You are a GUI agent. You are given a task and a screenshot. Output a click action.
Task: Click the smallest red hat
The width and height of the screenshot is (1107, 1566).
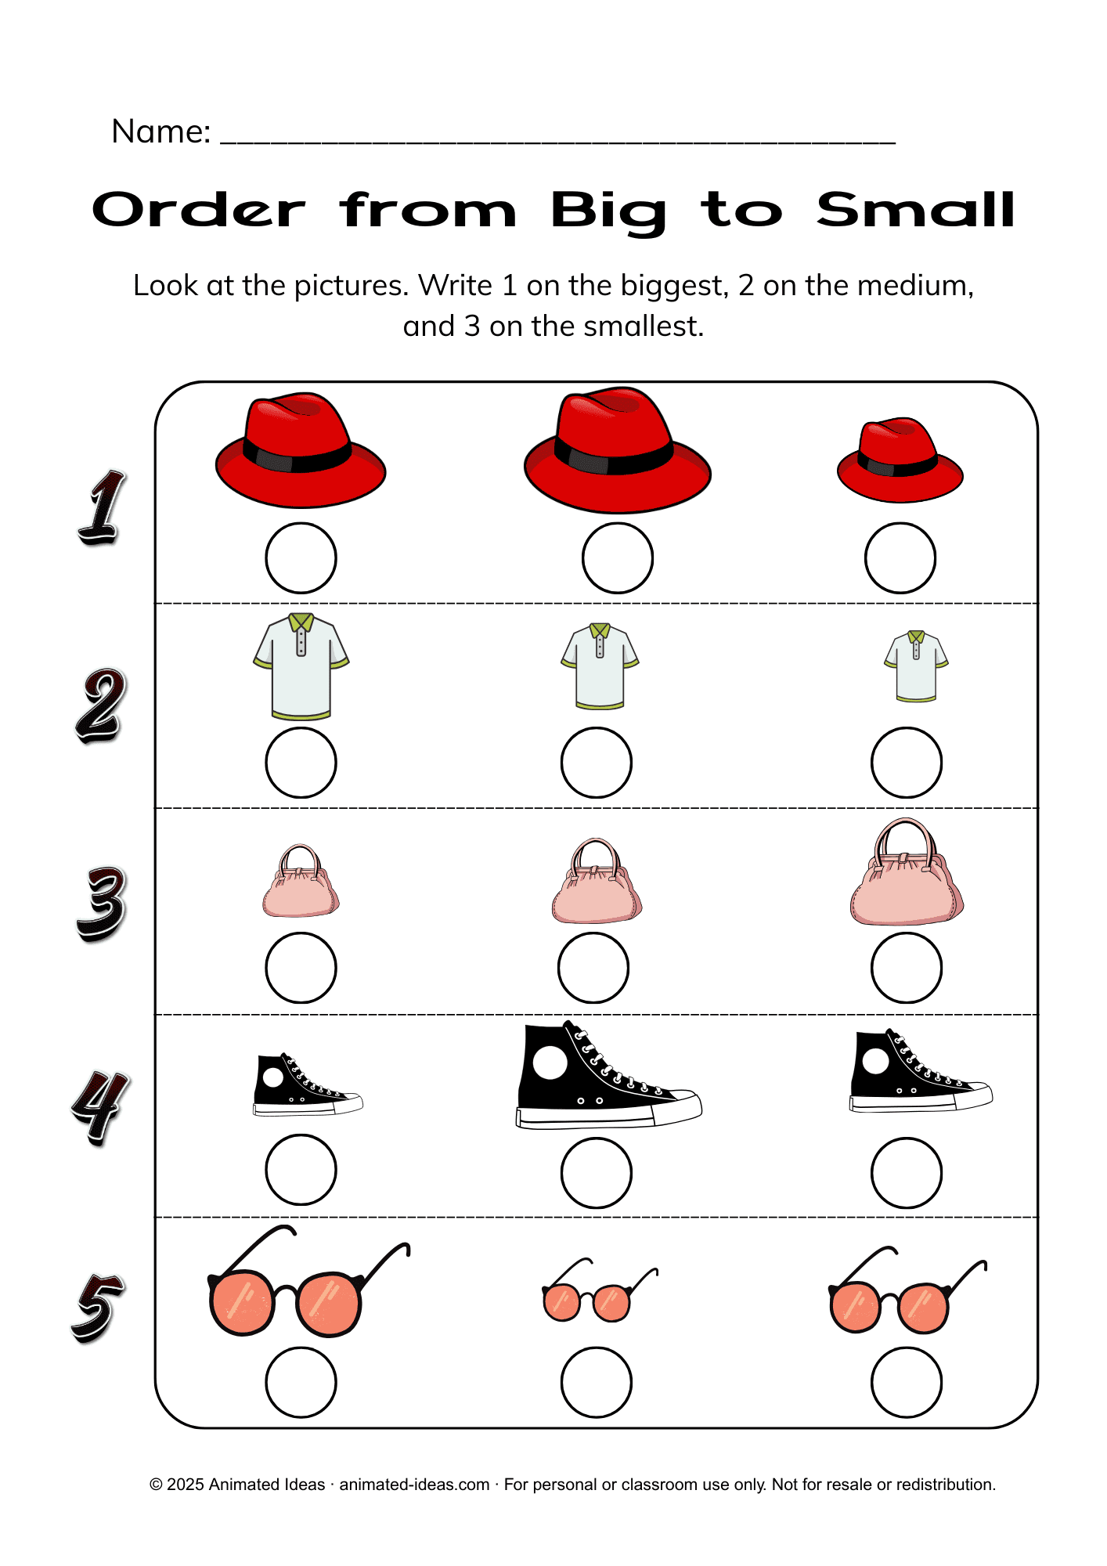900,460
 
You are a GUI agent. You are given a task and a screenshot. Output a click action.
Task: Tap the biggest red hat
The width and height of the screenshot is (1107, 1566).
617,451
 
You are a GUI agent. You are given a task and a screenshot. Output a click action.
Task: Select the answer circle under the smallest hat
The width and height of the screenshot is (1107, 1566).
900,558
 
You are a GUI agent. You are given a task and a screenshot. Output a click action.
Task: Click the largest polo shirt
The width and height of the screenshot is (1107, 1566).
301,666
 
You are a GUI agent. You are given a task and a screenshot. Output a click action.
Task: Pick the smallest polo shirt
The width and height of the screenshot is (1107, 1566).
916,666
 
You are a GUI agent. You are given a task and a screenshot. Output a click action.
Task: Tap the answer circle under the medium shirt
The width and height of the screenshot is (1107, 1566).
596,763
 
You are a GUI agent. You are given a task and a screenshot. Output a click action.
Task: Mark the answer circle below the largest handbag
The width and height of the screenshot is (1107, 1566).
906,968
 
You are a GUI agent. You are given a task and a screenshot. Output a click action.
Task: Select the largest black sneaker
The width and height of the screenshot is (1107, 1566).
608,1075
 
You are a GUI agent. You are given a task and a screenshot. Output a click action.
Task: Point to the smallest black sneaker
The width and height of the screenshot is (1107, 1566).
307,1084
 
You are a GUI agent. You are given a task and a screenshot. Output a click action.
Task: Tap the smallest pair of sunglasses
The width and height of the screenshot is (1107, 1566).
599,1291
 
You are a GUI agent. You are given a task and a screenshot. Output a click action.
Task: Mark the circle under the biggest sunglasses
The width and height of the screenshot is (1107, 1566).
301,1382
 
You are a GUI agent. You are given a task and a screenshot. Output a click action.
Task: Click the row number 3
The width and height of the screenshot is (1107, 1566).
100,904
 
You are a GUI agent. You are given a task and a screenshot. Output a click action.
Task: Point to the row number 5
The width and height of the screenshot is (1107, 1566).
98,1308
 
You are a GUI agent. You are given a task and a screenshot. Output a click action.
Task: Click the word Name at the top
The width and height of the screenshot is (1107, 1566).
161,132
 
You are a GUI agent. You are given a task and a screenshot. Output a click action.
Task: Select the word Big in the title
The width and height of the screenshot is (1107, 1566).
608,211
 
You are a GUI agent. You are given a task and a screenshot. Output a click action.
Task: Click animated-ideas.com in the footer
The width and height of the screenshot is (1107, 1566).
414,1485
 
